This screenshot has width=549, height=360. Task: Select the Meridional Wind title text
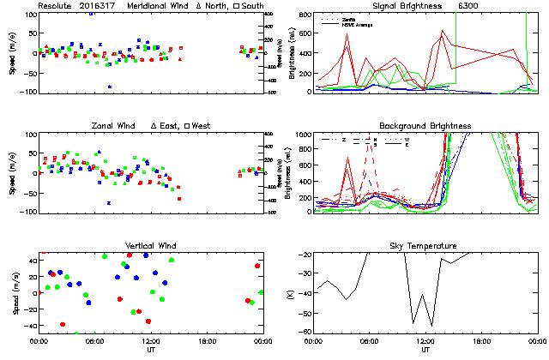click(159, 6)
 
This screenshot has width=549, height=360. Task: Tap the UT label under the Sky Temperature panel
click(425, 350)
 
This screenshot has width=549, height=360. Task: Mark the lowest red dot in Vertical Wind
click(63, 325)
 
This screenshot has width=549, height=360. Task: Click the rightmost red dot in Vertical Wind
click(257, 266)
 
